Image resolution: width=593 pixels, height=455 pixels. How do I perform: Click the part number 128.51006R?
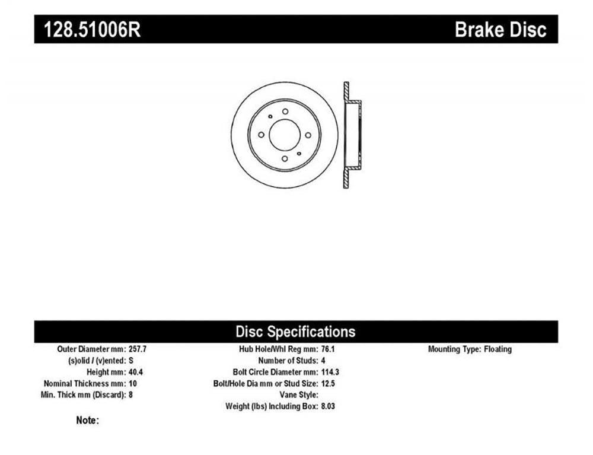(93, 30)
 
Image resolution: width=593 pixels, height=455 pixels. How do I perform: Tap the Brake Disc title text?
(500, 30)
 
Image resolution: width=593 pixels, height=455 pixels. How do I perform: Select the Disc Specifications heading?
(295, 332)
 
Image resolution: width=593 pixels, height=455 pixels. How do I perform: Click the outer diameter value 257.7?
(138, 349)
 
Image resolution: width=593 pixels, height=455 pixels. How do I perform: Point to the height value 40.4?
(135, 372)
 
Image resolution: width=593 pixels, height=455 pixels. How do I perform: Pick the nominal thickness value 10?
(132, 383)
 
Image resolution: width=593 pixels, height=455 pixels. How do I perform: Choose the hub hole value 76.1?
(327, 349)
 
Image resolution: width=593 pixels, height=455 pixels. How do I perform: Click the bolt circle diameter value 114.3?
(330, 372)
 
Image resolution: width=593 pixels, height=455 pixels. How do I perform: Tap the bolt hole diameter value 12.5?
(328, 383)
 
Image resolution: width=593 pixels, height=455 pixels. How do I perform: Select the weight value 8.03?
(328, 406)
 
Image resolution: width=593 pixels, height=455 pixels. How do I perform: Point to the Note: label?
(87, 420)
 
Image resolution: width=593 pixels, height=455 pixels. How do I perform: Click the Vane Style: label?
(299, 395)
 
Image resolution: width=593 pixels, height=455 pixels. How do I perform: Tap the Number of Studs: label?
(288, 361)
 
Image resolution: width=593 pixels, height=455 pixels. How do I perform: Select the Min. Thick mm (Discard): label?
(83, 395)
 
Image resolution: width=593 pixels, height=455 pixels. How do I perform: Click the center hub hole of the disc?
(285, 135)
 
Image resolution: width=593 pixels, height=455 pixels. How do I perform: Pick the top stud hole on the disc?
(285, 112)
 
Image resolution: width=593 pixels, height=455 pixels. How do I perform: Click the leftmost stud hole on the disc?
(261, 135)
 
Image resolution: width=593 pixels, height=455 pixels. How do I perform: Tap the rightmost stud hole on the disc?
(308, 135)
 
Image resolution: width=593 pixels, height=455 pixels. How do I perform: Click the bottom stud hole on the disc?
(285, 159)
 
